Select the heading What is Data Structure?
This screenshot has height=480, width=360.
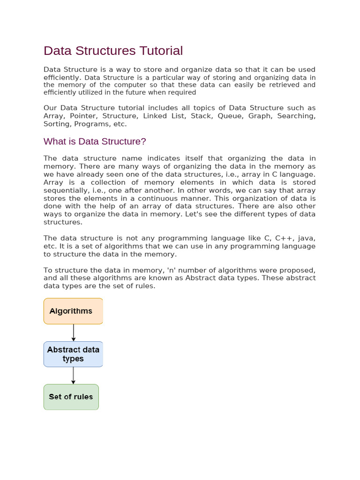click(95, 141)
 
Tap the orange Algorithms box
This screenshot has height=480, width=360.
click(73, 311)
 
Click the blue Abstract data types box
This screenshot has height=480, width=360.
click(73, 354)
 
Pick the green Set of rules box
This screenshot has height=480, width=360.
click(71, 397)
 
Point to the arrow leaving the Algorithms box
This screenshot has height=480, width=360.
click(74, 332)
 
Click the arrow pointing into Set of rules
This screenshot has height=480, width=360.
click(73, 375)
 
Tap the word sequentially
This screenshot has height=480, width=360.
click(65, 190)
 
